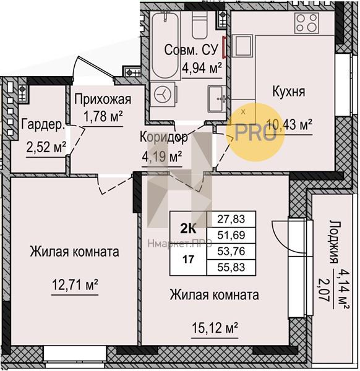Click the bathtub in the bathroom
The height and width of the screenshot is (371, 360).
tap(165, 45)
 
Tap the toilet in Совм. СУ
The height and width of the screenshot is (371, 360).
tap(199, 25)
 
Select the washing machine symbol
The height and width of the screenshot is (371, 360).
tap(163, 95)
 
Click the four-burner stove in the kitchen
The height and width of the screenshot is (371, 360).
tap(307, 23)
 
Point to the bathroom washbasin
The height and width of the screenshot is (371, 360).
tap(216, 99)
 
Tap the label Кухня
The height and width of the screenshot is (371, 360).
tap(289, 92)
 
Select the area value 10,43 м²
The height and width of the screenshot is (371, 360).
tap(289, 124)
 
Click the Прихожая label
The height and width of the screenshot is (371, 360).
tap(103, 99)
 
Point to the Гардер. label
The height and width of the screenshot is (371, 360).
tap(43, 124)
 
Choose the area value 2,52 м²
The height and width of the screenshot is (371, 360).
tap(46, 147)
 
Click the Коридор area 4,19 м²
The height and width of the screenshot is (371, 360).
tap(162, 156)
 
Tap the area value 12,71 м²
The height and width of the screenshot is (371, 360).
tap(75, 285)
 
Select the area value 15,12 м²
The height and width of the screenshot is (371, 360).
tap(215, 328)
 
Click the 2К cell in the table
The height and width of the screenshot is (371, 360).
tap(188, 229)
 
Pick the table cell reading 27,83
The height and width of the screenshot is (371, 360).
tap(231, 219)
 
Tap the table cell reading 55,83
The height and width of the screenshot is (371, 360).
tap(231, 267)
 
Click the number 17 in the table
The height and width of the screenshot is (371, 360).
tap(188, 260)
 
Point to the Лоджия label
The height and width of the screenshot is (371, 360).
tap(333, 242)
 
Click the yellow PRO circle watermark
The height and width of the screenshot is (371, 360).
tap(255, 132)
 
